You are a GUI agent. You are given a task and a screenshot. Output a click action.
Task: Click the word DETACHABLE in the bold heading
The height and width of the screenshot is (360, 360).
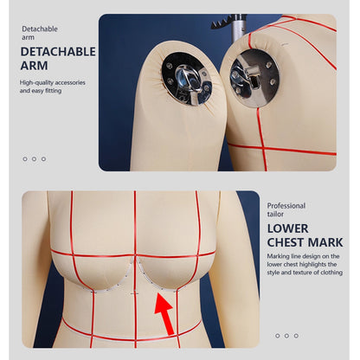pyautogui.click(x=58, y=52)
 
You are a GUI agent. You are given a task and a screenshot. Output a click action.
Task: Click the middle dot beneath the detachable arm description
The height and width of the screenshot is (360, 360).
pyautogui.click(x=34, y=158)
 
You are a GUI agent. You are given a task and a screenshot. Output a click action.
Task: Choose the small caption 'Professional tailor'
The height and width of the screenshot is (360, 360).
pyautogui.click(x=286, y=210)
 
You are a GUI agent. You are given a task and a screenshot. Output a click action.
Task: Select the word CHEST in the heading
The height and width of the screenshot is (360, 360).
pyautogui.click(x=286, y=243)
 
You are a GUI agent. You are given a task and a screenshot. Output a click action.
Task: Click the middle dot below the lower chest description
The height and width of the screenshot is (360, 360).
pyautogui.click(x=287, y=336)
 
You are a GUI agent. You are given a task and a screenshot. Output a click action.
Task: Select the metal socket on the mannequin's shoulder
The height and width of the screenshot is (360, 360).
pyautogui.click(x=254, y=75)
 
